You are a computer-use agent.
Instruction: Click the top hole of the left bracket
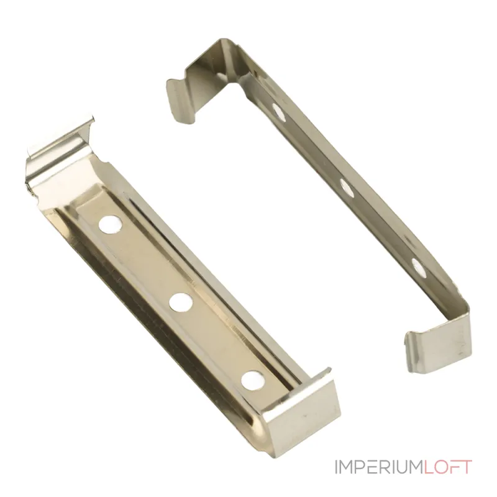[111, 224]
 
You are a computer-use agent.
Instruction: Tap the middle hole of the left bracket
[181, 303]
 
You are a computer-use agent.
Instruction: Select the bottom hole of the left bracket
[251, 380]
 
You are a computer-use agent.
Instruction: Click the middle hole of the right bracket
[347, 188]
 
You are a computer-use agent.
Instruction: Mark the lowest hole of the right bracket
[418, 267]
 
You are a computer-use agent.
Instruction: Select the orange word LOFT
[449, 467]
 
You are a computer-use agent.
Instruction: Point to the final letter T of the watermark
[466, 467]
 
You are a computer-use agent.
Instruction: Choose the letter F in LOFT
[455, 467]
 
